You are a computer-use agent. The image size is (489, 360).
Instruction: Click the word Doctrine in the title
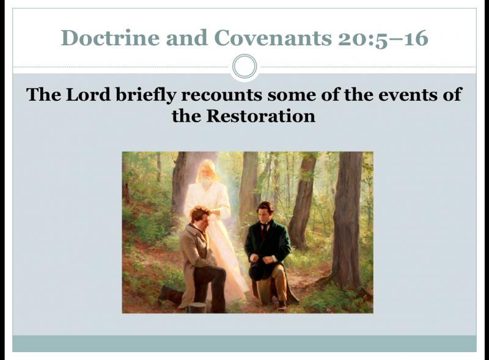(x=110, y=38)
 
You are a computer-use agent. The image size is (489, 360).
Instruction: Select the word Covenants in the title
(x=273, y=38)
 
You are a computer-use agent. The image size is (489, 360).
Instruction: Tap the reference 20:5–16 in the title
(x=383, y=39)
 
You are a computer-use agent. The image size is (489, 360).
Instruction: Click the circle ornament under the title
(x=245, y=67)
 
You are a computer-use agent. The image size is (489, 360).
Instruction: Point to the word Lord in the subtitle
(x=88, y=94)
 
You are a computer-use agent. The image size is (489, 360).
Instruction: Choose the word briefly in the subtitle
(x=146, y=95)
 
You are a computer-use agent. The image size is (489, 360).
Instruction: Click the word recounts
(x=221, y=95)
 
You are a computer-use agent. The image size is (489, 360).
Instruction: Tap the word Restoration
(x=261, y=116)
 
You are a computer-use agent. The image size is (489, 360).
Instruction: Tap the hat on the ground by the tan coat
(x=197, y=307)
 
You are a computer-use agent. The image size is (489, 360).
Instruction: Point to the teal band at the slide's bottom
(x=244, y=343)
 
